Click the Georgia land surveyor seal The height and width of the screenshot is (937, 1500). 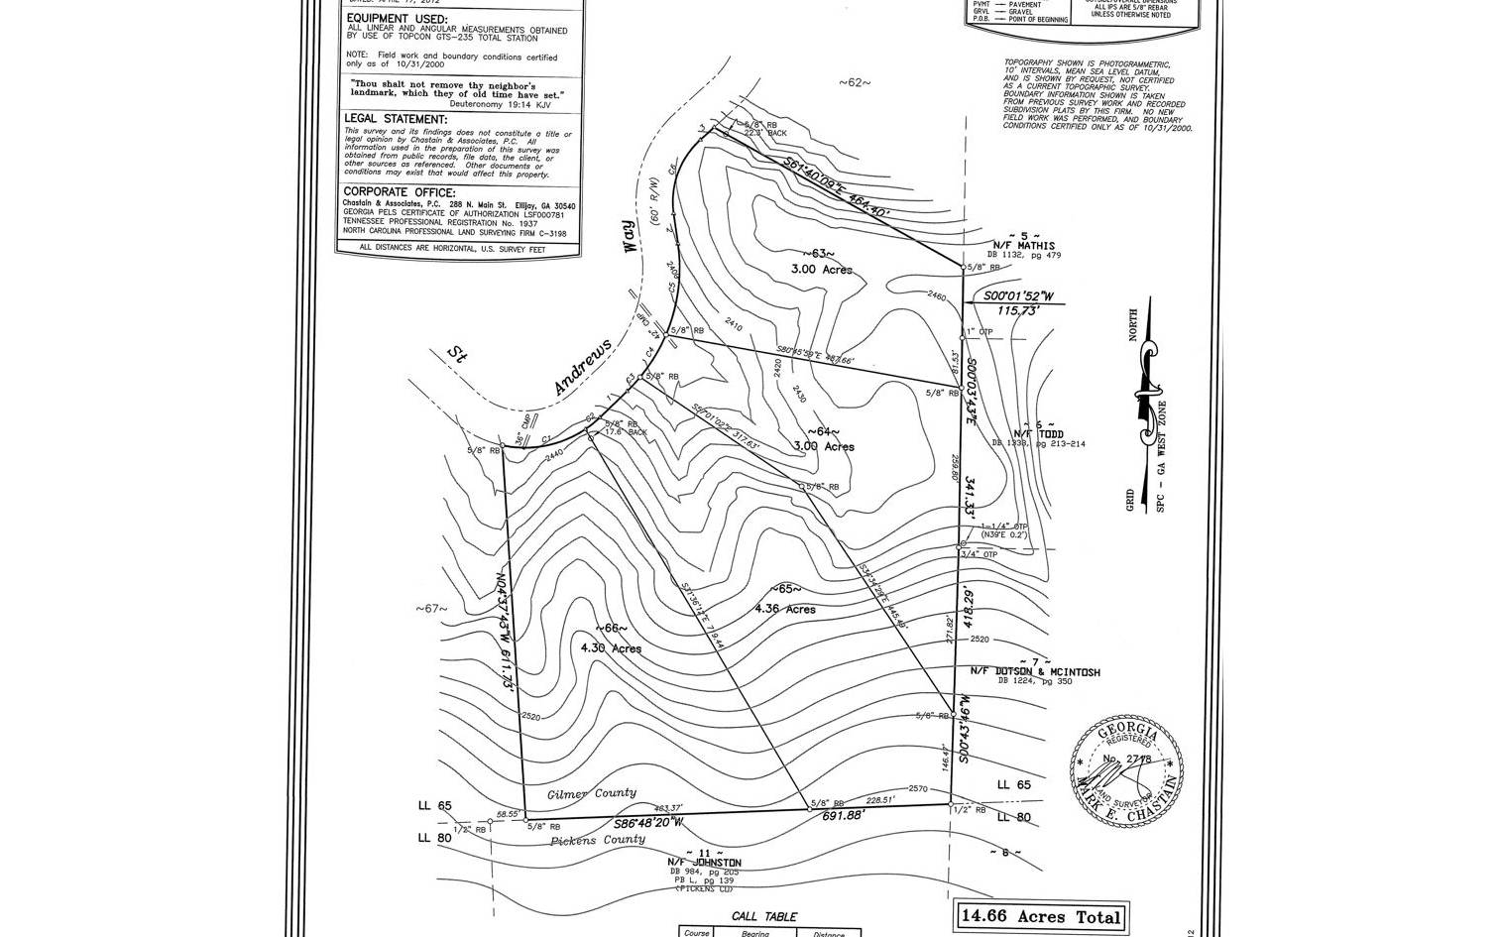coord(1127,769)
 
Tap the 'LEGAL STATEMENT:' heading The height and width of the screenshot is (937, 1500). coord(395,119)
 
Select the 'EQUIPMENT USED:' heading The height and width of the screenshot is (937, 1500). coord(395,19)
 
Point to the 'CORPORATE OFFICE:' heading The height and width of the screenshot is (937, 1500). coord(400,191)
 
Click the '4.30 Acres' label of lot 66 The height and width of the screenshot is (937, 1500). coord(611,648)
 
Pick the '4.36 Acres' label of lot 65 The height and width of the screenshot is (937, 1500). coord(785,609)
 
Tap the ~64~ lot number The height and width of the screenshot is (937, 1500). coord(823,432)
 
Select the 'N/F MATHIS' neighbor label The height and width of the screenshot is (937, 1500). coord(1024,246)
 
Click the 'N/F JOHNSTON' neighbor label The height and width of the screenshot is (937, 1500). coord(704,863)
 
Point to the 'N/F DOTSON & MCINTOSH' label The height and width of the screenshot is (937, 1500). coord(1034,672)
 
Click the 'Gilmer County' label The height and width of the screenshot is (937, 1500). coord(592,793)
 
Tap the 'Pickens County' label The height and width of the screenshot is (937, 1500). coord(598,840)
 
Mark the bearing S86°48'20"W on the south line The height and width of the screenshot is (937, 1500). coord(648,822)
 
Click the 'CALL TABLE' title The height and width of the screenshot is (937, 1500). coord(763,917)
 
